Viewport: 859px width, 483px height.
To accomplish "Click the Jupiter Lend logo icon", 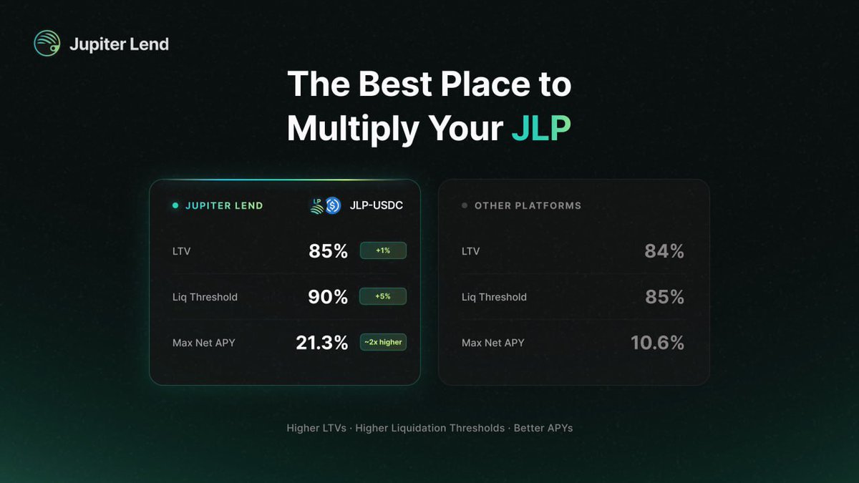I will tap(47, 44).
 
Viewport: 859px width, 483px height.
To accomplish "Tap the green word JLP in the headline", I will tap(541, 129).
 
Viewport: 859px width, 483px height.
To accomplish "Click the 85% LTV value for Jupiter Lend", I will tap(328, 251).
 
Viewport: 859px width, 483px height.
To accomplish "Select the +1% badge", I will tap(383, 250).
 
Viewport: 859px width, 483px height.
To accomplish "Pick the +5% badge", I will tap(383, 296).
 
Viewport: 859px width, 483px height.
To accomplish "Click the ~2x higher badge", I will tap(383, 342).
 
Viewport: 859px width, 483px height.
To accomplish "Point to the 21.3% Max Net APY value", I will tap(321, 343).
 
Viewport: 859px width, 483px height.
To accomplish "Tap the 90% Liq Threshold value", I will tap(328, 297).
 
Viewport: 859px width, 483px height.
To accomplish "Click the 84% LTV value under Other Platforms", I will tap(664, 251).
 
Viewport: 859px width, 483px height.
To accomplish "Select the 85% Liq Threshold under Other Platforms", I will tap(664, 297).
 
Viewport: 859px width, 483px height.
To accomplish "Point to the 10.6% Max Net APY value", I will tap(657, 343).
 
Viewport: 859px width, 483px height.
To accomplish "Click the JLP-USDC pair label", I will tap(376, 205).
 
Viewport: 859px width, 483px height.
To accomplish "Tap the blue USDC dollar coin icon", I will tap(333, 206).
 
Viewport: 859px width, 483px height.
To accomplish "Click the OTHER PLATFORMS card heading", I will tap(528, 205).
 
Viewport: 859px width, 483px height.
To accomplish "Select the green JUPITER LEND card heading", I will tap(224, 205).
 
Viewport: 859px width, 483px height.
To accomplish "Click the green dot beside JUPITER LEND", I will tap(175, 205).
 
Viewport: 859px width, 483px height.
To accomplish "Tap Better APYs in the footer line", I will tap(543, 428).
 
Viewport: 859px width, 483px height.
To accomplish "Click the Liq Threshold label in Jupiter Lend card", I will tap(205, 297).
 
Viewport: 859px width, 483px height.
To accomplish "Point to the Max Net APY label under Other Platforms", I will tap(492, 343).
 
